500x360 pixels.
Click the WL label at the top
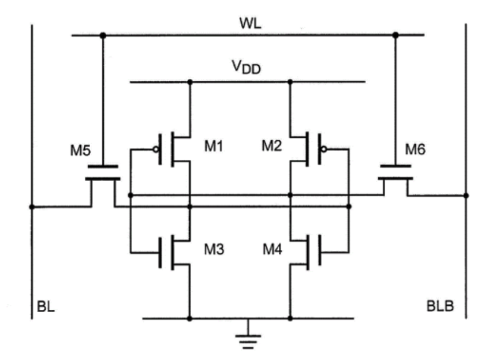click(251, 23)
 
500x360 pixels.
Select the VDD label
click(246, 67)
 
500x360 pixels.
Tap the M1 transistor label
click(214, 146)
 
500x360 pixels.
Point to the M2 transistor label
click(272, 146)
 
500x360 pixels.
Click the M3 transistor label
click(214, 249)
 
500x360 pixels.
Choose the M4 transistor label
click(273, 249)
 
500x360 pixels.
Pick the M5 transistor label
click(80, 151)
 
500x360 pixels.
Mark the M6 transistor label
click(415, 149)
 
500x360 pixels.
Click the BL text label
click(46, 306)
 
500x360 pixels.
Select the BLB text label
click(440, 306)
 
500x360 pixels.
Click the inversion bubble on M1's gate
click(156, 149)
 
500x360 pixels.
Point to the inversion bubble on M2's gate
click(324, 149)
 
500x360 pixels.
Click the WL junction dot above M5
click(103, 35)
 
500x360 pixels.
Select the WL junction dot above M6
click(395, 35)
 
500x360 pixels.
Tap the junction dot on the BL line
click(32, 207)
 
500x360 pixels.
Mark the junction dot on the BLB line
click(466, 196)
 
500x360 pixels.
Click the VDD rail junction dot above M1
click(190, 82)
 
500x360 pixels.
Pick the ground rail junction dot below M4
click(290, 318)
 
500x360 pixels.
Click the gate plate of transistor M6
click(395, 166)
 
